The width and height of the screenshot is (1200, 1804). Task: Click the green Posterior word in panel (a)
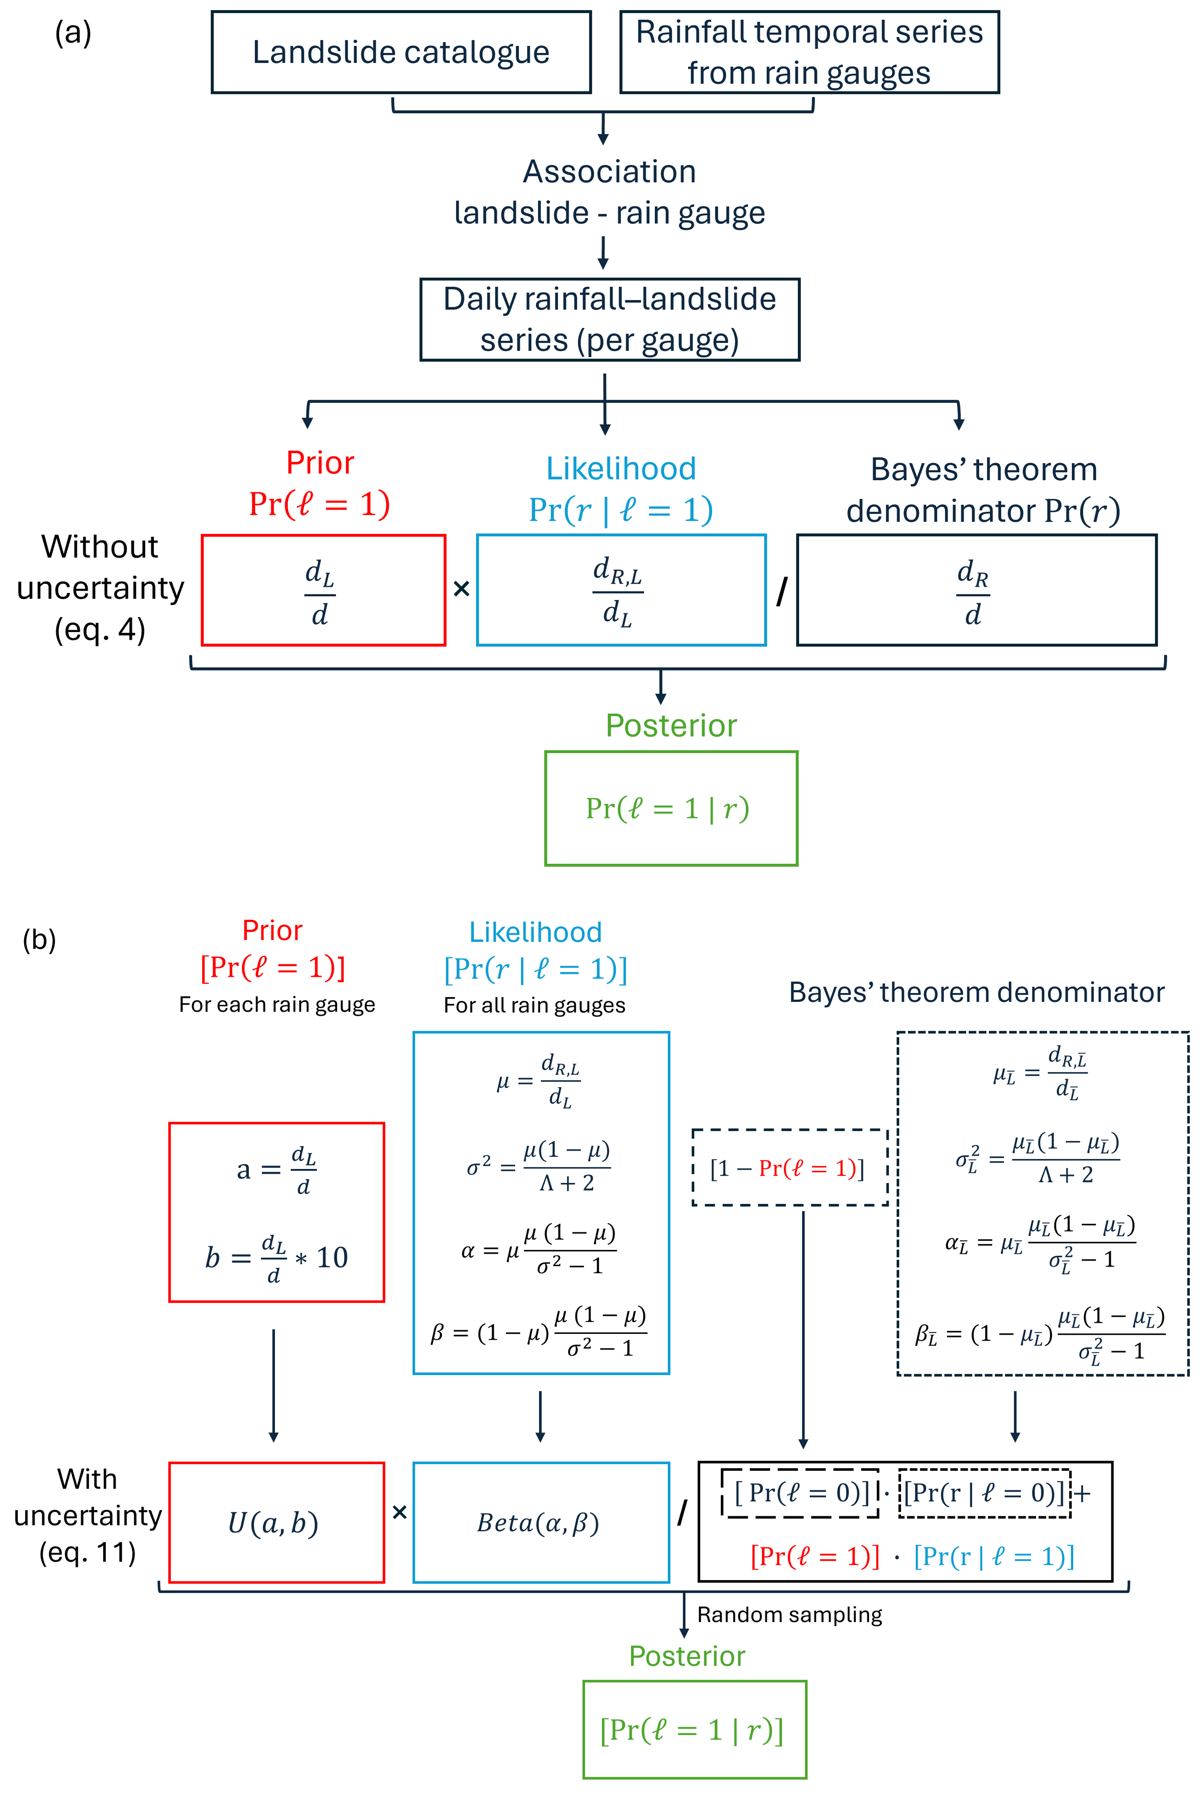tap(671, 726)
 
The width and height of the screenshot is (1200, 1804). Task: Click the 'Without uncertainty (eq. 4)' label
tap(100, 588)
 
